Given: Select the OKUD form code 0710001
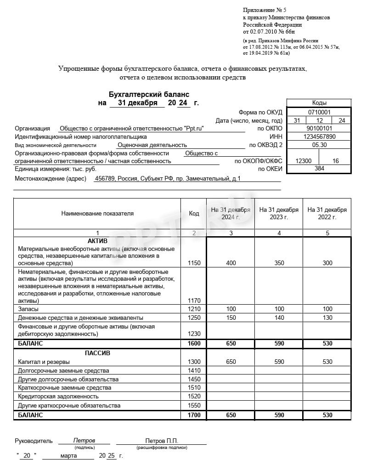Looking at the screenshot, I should (x=319, y=112).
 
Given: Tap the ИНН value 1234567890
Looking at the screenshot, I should (x=319, y=137).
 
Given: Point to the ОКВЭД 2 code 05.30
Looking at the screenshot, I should (x=319, y=145).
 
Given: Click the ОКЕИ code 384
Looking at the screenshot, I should (x=319, y=169).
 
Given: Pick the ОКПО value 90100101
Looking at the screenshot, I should (x=319, y=129).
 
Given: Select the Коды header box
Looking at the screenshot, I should (x=319, y=103).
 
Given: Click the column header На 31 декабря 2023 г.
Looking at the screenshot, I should (x=279, y=213).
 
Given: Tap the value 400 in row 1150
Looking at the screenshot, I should (x=231, y=263).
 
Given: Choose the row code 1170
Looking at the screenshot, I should (x=194, y=301).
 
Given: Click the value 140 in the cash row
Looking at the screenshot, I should (x=279, y=318).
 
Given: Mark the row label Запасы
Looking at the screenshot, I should (x=28, y=309).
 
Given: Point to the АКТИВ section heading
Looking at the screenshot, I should (x=97, y=241).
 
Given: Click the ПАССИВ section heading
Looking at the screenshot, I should (x=97, y=353).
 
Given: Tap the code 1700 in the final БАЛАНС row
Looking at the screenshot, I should (x=194, y=415).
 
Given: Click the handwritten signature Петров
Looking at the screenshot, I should (x=84, y=441).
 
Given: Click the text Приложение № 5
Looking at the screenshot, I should (x=264, y=10).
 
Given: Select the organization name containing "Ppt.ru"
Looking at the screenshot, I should (x=131, y=129).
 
